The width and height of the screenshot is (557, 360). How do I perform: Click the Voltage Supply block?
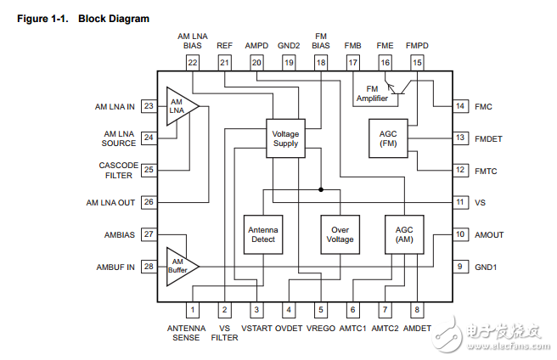(x=285, y=138)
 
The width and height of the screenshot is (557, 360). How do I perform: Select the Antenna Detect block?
(x=262, y=233)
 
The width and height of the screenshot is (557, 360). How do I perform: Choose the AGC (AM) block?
(x=403, y=233)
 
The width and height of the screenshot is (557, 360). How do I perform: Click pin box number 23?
(x=149, y=106)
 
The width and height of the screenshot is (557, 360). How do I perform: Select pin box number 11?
(x=459, y=202)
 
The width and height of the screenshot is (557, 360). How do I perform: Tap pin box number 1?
(x=193, y=310)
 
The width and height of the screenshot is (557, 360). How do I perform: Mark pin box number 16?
(x=385, y=62)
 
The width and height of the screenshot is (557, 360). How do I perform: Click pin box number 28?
(x=149, y=267)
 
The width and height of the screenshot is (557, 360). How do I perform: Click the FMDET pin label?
(x=490, y=138)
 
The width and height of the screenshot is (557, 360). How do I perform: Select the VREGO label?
(x=321, y=328)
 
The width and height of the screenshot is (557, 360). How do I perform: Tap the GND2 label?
(x=289, y=45)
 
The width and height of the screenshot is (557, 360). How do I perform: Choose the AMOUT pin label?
(x=491, y=234)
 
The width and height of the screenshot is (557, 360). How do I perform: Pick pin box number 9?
(x=459, y=266)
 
